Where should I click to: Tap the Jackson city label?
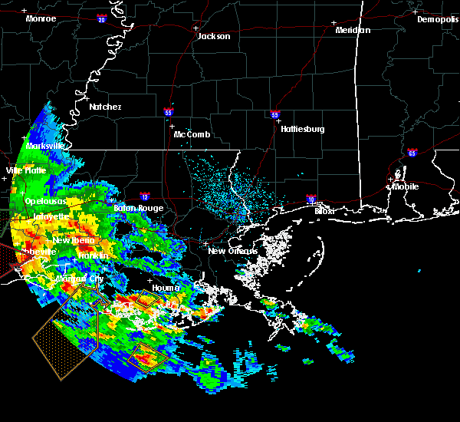click(x=214, y=36)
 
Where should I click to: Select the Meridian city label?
click(x=353, y=30)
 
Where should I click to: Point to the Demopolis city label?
click(x=438, y=19)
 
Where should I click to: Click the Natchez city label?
click(x=105, y=107)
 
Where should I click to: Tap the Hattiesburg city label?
click(x=302, y=129)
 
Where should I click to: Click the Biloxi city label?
click(x=325, y=210)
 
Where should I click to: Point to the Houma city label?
click(x=166, y=288)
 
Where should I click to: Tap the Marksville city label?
click(x=44, y=145)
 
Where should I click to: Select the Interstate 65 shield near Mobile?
click(x=412, y=152)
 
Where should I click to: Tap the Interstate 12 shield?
click(x=145, y=196)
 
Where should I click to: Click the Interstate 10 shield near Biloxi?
click(x=311, y=198)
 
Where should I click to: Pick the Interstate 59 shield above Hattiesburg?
click(x=274, y=115)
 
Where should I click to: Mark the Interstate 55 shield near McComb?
click(x=168, y=112)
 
